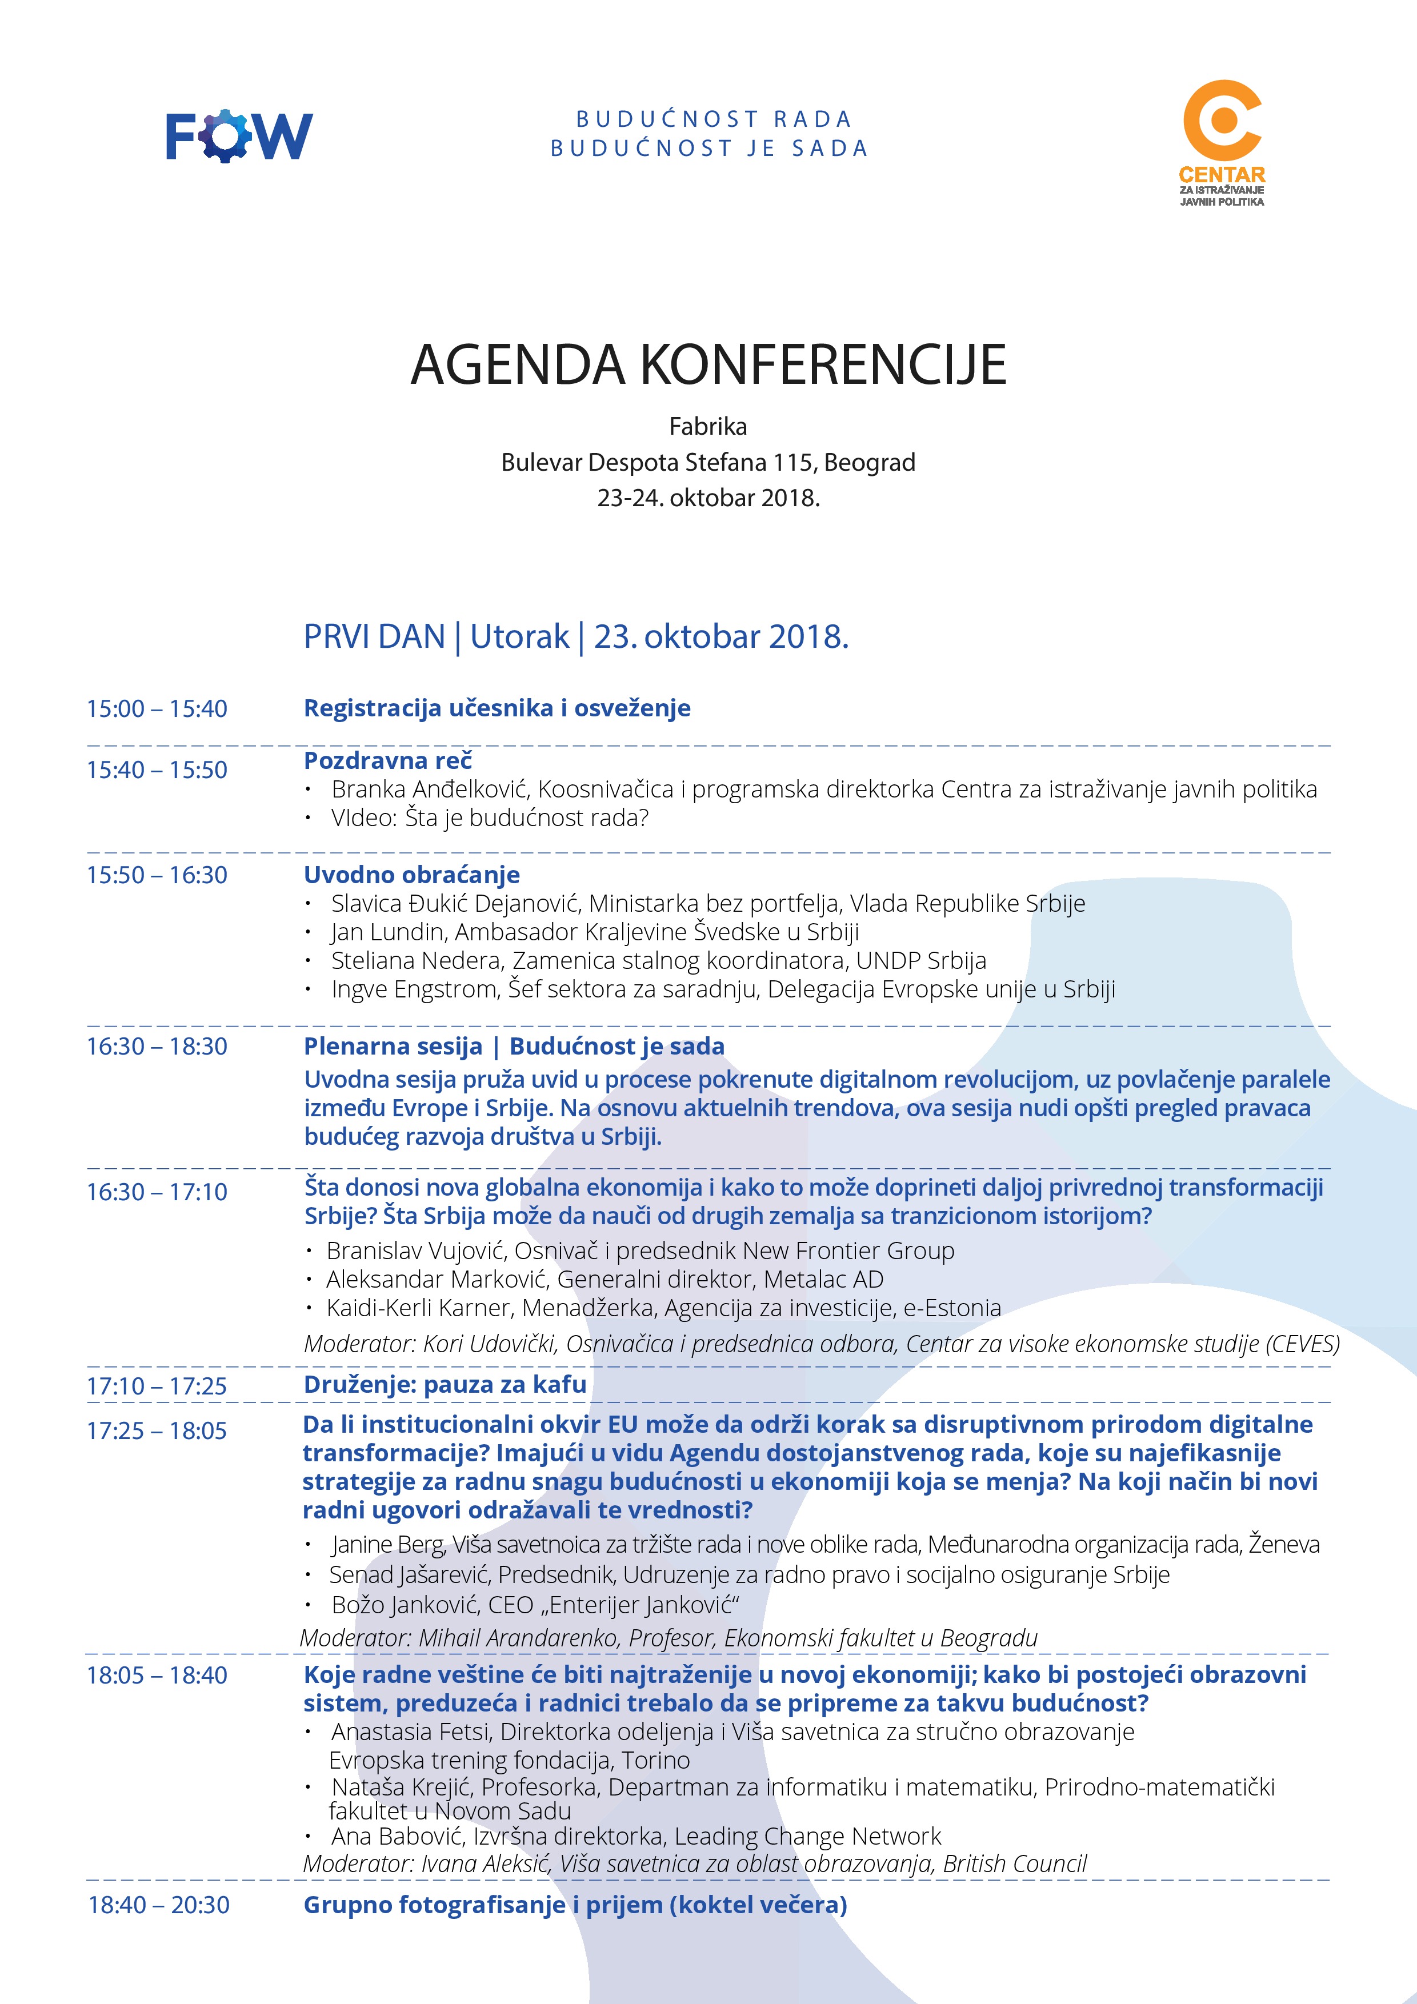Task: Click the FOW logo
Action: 238,135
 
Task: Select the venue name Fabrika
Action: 708,427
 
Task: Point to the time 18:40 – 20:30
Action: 158,1905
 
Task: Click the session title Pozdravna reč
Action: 387,760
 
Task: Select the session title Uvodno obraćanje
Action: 411,875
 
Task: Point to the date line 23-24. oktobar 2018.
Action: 708,498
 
